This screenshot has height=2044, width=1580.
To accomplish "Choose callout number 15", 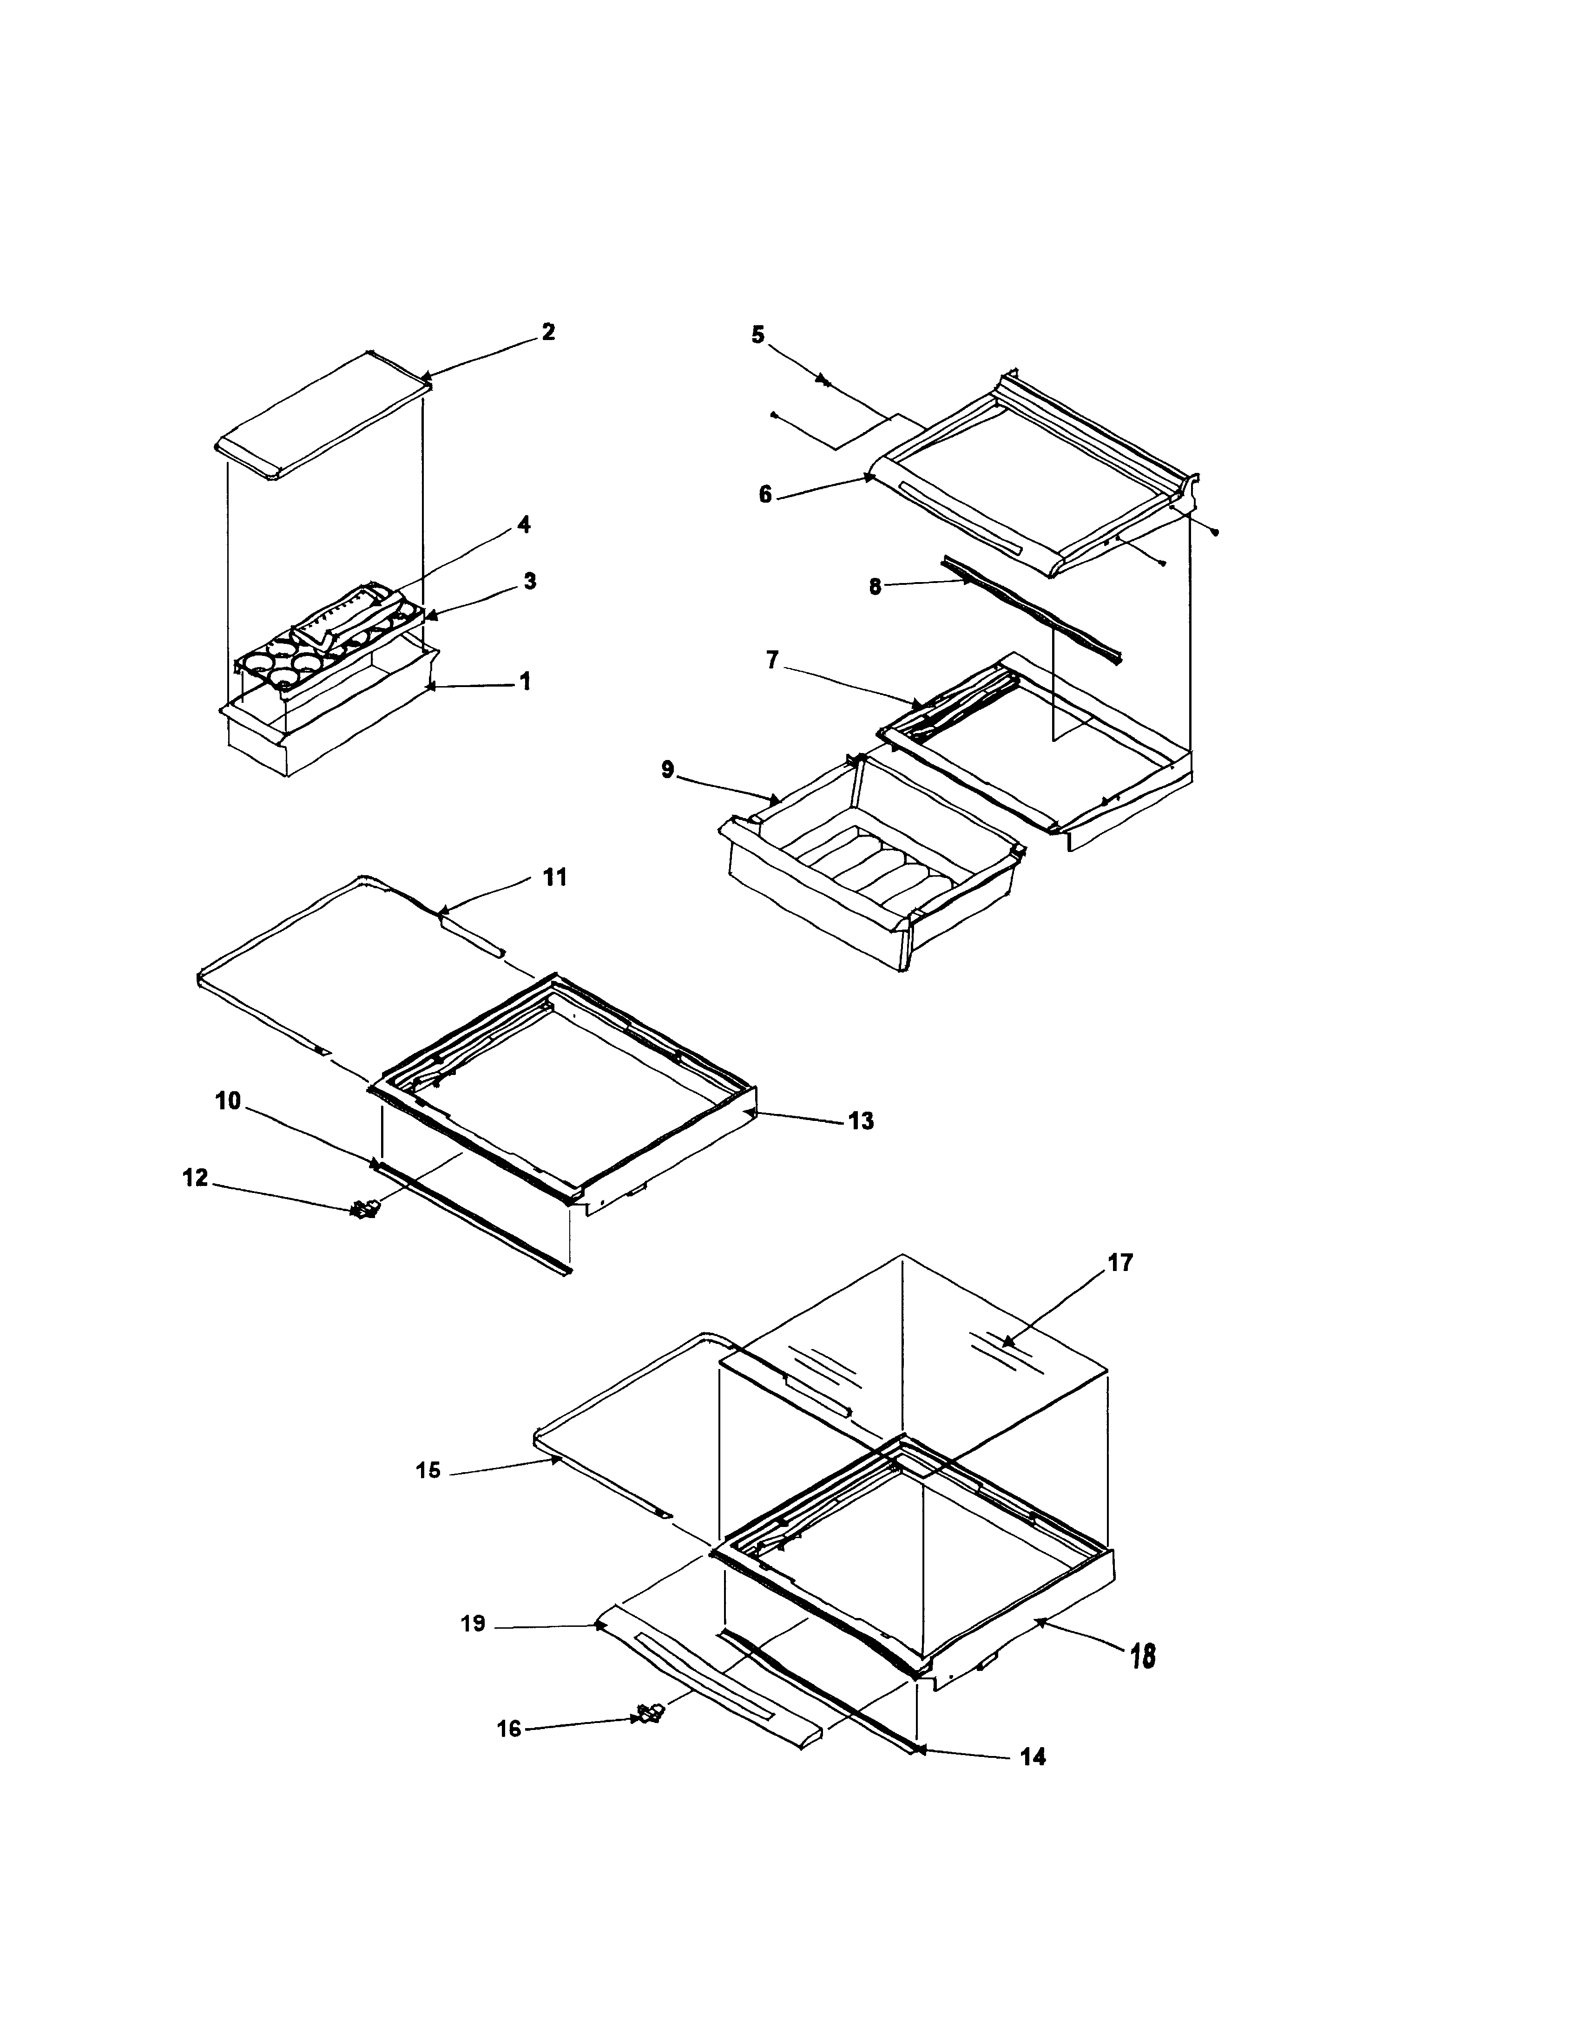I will pos(428,1470).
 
